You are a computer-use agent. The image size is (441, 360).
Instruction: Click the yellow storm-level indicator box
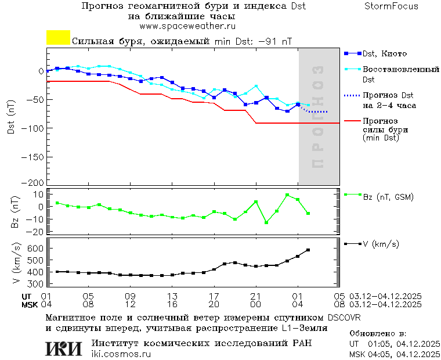[58, 38]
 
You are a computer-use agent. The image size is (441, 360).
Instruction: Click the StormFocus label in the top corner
[391, 6]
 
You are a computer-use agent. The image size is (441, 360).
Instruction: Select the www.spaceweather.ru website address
[187, 26]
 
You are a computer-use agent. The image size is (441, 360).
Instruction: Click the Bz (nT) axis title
[16, 213]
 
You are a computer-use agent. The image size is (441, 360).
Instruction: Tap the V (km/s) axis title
[16, 265]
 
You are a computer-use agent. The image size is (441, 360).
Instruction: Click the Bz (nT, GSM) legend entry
[388, 197]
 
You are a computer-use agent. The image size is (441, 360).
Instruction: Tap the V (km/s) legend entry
[381, 244]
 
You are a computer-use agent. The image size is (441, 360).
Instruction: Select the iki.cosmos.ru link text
[121, 354]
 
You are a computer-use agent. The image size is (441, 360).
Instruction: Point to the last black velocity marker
[308, 250]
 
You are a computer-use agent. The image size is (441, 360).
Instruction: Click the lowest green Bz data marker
[266, 222]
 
